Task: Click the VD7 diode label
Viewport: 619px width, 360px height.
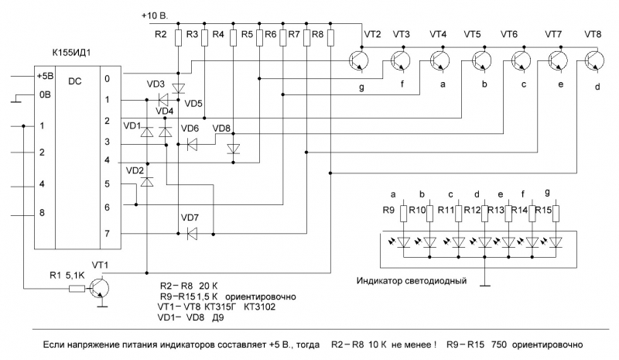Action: point(190,217)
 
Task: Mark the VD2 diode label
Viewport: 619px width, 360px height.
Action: point(134,170)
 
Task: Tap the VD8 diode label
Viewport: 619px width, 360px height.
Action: point(222,129)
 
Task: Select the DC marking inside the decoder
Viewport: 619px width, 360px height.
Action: point(75,80)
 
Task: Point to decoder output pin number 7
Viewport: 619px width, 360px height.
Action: point(108,232)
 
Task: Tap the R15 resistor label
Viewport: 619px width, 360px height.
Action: point(542,210)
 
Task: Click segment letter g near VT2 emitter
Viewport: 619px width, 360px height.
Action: point(361,87)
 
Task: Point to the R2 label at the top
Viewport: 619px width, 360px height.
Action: point(160,35)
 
